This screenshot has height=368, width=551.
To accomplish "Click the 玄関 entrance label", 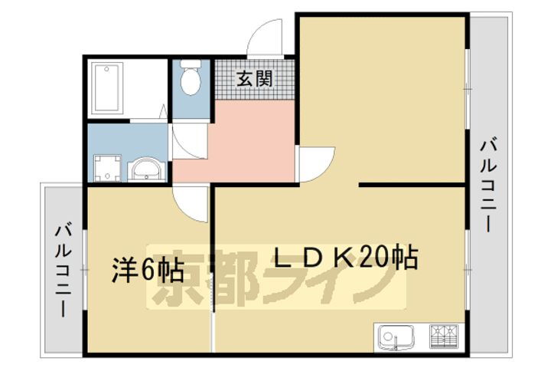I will click(x=253, y=78).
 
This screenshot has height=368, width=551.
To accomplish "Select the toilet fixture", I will click(x=189, y=79).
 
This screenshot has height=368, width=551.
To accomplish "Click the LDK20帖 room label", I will click(x=345, y=258).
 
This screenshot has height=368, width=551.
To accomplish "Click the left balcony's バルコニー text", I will click(x=64, y=270).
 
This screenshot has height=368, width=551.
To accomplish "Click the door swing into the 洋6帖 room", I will click(x=190, y=202).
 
